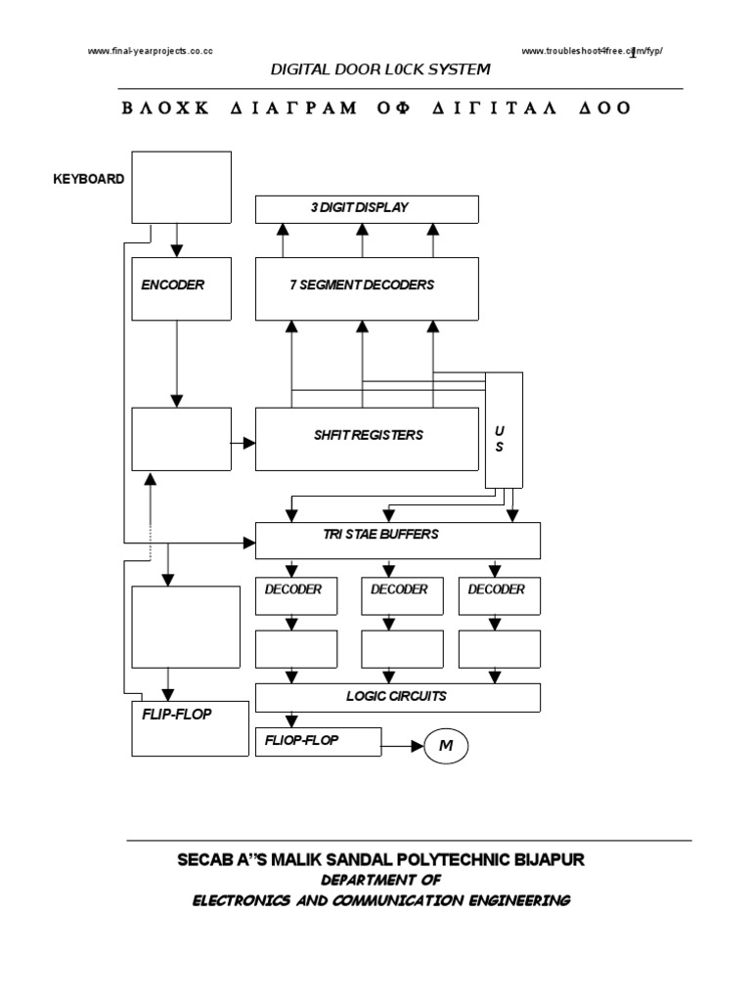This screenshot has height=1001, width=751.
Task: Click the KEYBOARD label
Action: click(x=88, y=179)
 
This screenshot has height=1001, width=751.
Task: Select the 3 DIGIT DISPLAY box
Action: click(x=367, y=208)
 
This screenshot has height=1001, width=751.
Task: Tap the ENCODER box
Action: click(x=181, y=288)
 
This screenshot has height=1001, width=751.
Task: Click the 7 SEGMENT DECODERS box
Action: click(x=367, y=288)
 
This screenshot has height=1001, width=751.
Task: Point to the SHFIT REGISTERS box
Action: click(x=367, y=439)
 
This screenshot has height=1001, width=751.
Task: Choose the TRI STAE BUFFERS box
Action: click(x=397, y=540)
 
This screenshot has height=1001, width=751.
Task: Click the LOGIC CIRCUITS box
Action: click(x=397, y=697)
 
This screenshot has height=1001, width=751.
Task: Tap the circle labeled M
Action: click(x=446, y=747)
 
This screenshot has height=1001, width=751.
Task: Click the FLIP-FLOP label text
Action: click(x=177, y=714)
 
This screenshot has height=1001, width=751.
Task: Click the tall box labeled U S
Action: click(x=504, y=430)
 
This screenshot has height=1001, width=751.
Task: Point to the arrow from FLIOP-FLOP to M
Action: click(x=401, y=747)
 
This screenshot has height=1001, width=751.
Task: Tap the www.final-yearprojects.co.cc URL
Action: click(x=152, y=51)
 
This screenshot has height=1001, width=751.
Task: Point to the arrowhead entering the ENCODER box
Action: click(x=176, y=251)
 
